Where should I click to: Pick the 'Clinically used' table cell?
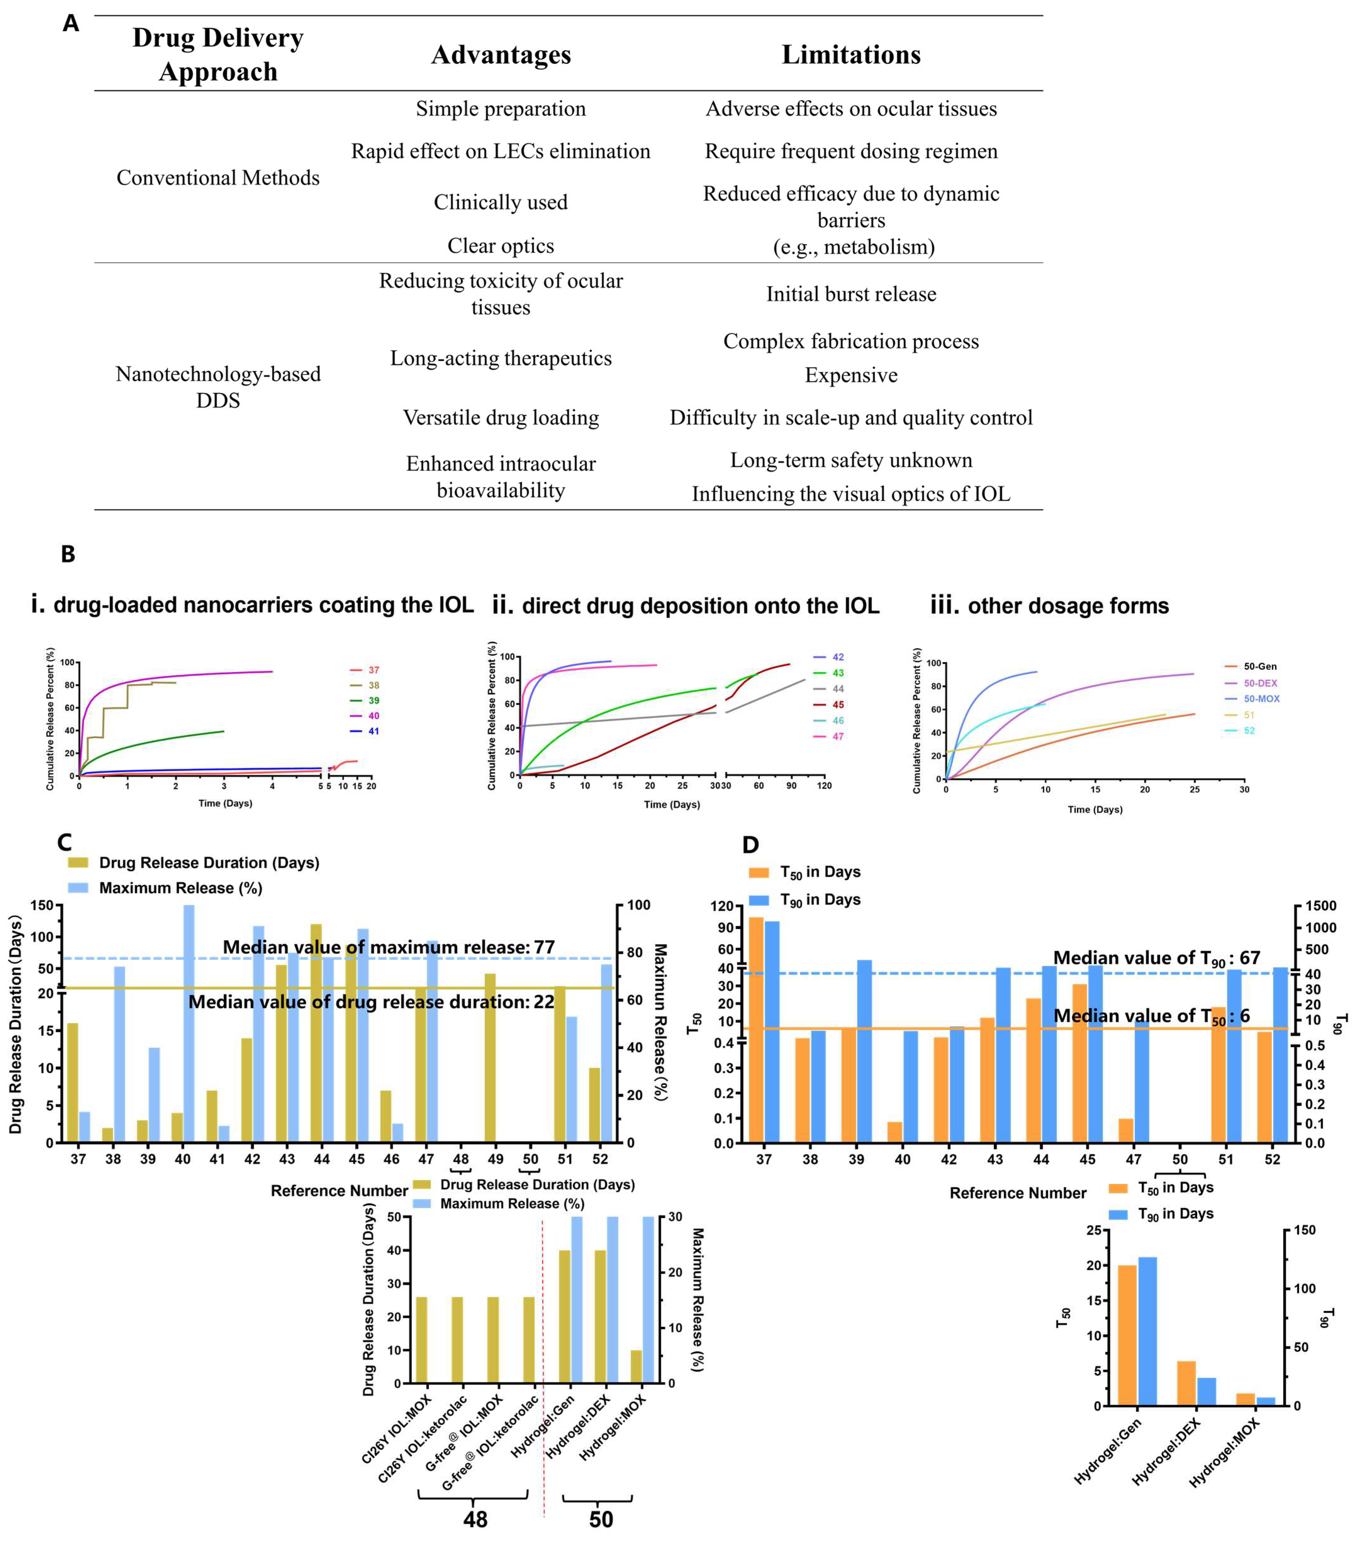point(500,202)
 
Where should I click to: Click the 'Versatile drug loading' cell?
point(500,418)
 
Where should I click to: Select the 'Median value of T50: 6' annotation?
point(1151,1016)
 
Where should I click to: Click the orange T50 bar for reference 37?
point(756,1029)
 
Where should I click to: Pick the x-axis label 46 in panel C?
point(392,1159)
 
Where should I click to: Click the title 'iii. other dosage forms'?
point(1050,606)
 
